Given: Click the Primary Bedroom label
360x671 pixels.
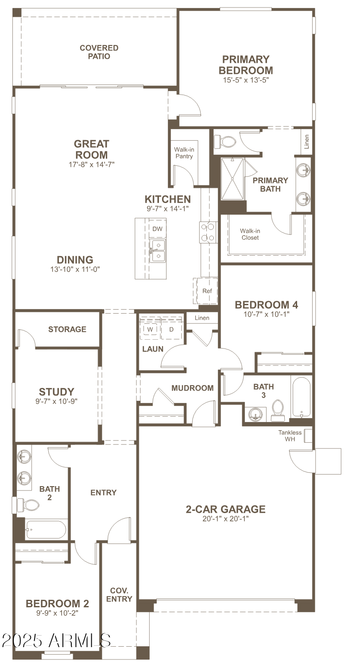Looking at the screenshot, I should tap(246, 65).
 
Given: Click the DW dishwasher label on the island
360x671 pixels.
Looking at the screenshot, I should tap(157, 229).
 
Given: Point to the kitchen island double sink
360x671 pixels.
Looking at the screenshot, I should tap(157, 251).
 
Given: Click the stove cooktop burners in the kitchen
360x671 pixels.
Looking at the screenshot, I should tap(208, 232).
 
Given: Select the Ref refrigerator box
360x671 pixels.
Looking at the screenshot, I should tap(207, 291).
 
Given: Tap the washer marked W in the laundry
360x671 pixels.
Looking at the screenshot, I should tap(150, 330).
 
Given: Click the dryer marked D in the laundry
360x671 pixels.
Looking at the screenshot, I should tap(172, 330).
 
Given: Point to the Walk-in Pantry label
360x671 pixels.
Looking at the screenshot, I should tap(184, 153).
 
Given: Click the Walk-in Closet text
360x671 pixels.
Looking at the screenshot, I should tap(250, 234).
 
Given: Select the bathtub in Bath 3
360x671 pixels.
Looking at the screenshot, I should tap(302, 397).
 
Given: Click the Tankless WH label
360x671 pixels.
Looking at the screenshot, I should tap(290, 436).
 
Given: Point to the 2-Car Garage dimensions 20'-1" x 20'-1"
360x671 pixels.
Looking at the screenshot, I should tap(226, 518).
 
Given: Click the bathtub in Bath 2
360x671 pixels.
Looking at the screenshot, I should tap(46, 529).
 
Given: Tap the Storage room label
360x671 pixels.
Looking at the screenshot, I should tap(67, 329).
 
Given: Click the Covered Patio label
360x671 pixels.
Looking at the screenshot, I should tap(99, 52).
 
